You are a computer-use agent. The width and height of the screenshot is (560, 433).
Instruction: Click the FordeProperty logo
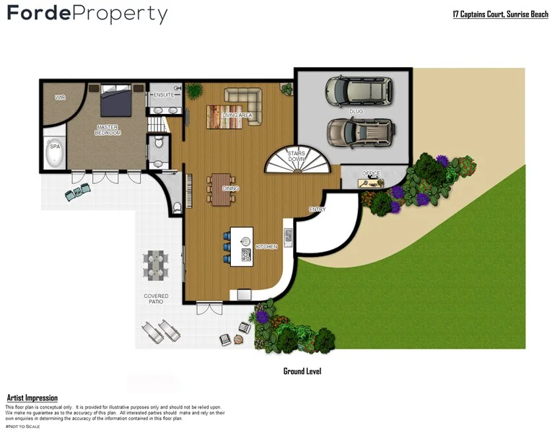[x=87, y=14]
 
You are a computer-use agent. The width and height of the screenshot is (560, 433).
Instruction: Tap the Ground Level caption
[x=302, y=371]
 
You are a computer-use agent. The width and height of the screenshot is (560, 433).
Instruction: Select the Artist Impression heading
[x=32, y=398]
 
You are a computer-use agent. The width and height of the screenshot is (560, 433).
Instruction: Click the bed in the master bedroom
[x=115, y=100]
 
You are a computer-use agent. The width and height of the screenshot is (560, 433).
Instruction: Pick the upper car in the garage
[x=358, y=91]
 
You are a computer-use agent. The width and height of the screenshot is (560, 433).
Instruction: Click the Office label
[x=372, y=173]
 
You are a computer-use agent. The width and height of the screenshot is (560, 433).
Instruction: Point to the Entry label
[x=318, y=209]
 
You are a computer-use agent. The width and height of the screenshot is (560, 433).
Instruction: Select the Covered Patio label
[x=156, y=299]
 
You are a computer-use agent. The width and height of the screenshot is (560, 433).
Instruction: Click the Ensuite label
[x=162, y=93]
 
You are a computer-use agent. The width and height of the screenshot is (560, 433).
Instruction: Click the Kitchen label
[x=266, y=247]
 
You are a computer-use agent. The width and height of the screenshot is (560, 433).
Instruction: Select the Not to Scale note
[x=22, y=427]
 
